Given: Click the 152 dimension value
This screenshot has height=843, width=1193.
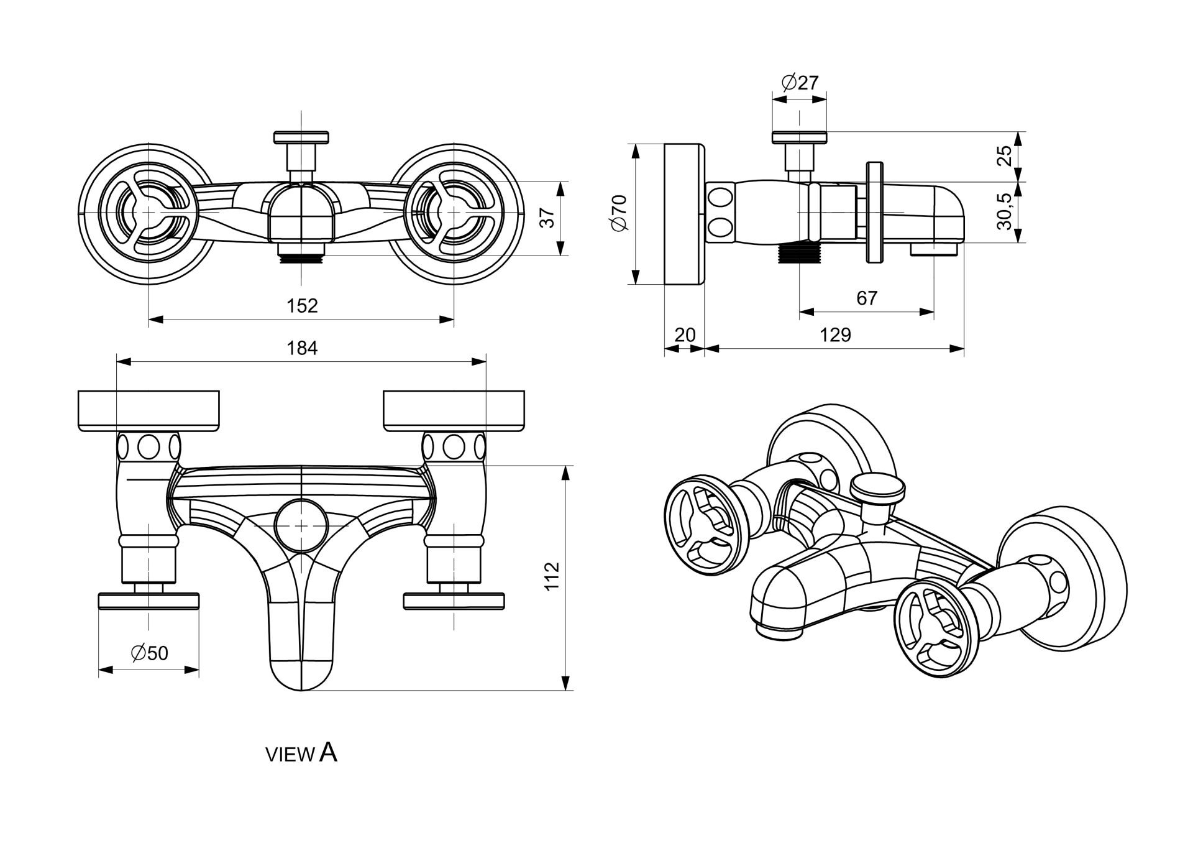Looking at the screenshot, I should [x=302, y=305].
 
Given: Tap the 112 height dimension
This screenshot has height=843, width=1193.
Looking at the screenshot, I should [x=552, y=575].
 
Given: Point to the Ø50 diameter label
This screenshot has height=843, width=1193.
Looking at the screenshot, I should [x=150, y=652].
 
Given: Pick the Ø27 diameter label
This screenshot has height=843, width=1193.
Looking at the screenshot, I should [x=800, y=82].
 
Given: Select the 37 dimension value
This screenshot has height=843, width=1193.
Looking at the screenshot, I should [x=547, y=218].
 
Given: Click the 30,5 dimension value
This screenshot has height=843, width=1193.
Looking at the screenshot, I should [x=1005, y=211].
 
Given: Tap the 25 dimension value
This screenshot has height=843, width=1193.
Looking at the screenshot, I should [x=1005, y=155].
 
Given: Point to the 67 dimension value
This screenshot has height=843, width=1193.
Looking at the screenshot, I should [x=866, y=298].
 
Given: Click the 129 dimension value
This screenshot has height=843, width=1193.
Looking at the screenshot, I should [x=835, y=335].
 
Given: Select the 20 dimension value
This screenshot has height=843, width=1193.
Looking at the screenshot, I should [x=685, y=335].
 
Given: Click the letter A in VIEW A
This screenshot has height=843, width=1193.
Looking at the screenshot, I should [x=329, y=752].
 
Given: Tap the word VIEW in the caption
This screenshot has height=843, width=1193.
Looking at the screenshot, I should [x=290, y=755].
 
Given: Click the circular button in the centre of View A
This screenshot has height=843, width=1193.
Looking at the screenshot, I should [x=301, y=526].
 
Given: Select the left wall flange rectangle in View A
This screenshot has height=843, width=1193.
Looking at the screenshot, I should [x=149, y=410].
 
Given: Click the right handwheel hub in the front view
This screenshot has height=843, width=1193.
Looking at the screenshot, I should [x=453, y=212].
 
